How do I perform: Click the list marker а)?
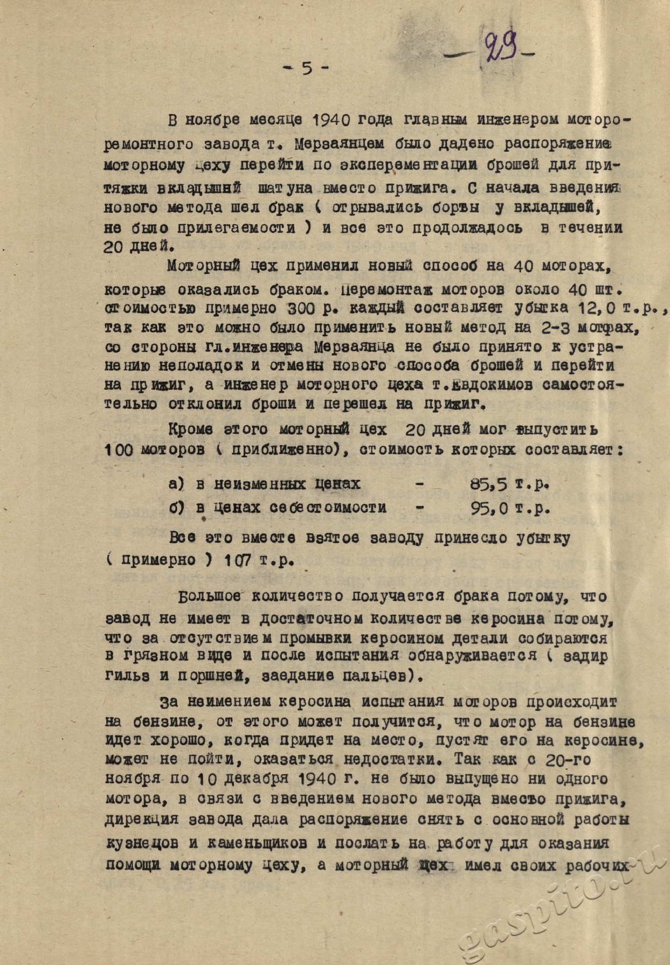pos(176,484)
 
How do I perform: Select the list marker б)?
pos(176,507)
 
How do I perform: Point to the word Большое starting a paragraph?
pos(210,597)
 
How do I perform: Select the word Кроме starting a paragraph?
pos(190,429)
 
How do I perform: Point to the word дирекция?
pos(142,820)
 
